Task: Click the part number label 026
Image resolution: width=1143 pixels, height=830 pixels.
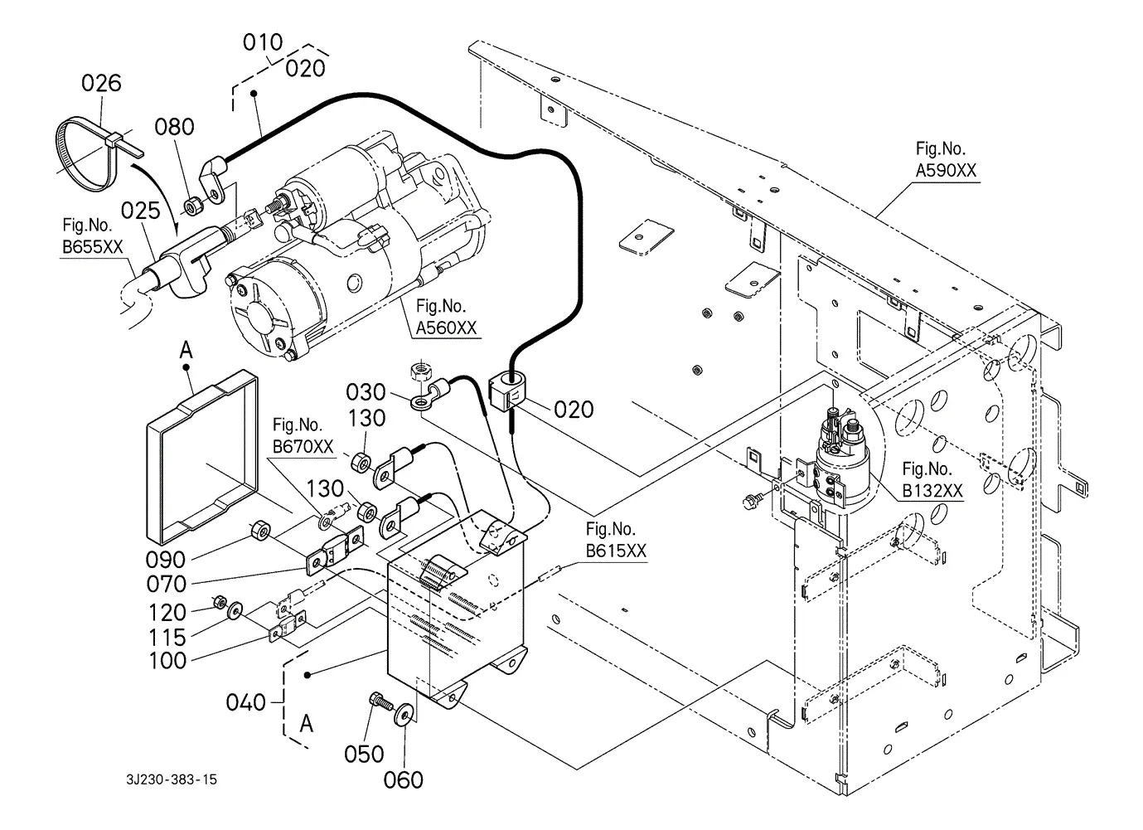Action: point(101,83)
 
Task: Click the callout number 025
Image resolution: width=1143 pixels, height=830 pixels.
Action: point(140,211)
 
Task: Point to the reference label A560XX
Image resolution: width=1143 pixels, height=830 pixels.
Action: point(446,328)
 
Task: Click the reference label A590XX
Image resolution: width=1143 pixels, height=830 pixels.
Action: point(946,170)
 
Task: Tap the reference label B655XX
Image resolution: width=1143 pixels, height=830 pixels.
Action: point(92,247)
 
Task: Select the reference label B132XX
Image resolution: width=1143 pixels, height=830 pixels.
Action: point(932,491)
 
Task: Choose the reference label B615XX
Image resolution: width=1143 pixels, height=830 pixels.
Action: point(616,551)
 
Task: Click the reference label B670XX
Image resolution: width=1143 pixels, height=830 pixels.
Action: point(303,447)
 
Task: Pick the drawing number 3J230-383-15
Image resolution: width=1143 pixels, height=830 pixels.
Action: point(172,779)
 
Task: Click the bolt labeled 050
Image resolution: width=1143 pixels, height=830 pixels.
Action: point(380,702)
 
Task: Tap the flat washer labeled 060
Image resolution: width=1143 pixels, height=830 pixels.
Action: point(404,714)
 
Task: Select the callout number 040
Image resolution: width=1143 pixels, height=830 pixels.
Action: point(245,702)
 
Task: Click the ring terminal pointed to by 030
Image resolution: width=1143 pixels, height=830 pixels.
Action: point(420,405)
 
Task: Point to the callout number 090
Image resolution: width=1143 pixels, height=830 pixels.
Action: point(165,560)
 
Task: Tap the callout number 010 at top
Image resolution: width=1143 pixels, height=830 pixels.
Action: point(262,42)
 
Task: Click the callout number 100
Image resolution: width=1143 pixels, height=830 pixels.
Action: point(167,661)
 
